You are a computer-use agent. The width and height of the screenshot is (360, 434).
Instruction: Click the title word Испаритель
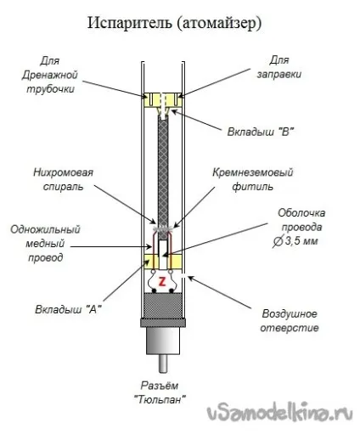click(130, 23)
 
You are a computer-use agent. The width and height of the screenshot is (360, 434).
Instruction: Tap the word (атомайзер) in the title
click(219, 24)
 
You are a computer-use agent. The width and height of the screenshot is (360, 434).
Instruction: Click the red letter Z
click(162, 281)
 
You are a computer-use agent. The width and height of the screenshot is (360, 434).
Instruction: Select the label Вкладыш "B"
click(261, 132)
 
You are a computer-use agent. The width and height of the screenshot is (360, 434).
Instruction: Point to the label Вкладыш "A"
click(68, 309)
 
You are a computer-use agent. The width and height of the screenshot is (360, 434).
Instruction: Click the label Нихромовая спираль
click(63, 179)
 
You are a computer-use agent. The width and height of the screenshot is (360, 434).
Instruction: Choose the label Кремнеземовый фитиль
click(253, 179)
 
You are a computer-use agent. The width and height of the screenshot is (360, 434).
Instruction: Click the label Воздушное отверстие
click(290, 321)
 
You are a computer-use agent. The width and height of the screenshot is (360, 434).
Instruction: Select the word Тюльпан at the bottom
click(160, 400)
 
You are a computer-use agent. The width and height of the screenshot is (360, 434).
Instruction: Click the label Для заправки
click(278, 67)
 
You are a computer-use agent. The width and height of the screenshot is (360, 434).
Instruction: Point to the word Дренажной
click(50, 75)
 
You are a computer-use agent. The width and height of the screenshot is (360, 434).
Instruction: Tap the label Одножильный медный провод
click(45, 244)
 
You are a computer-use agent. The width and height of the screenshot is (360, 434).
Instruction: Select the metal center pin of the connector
click(163, 364)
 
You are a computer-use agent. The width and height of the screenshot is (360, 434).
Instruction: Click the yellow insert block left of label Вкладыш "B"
click(163, 99)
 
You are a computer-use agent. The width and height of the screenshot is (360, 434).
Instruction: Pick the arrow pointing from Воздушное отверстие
click(220, 292)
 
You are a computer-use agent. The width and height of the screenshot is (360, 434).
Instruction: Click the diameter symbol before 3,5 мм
click(278, 241)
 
